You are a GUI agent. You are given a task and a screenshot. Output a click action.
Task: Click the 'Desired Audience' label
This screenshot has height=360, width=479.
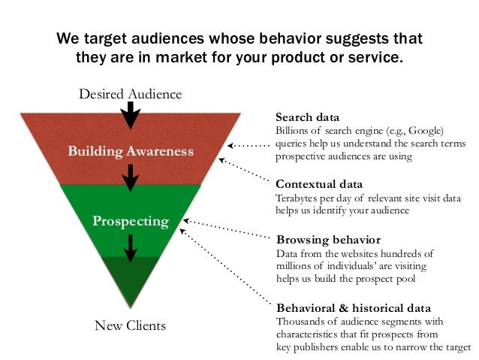click(x=131, y=94)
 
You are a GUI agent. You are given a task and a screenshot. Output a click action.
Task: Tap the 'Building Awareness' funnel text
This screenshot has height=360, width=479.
click(x=131, y=151)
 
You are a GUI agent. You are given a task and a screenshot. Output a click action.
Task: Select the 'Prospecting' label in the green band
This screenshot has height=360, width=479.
click(x=131, y=221)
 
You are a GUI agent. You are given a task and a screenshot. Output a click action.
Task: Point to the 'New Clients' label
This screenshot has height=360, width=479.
click(x=131, y=325)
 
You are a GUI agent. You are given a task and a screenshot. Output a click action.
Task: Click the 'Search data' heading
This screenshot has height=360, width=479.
click(x=307, y=118)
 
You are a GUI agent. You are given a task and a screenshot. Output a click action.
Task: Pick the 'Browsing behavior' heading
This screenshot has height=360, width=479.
click(x=323, y=241)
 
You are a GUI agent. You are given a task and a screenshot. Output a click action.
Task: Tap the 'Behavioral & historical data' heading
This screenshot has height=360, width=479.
click(x=354, y=308)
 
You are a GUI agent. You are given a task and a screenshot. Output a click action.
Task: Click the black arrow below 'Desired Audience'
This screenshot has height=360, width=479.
click(x=131, y=115)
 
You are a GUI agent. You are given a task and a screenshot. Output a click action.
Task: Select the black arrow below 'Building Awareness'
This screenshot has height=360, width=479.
click(x=131, y=177)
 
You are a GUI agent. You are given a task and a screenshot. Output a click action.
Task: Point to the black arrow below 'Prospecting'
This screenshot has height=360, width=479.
click(x=131, y=247)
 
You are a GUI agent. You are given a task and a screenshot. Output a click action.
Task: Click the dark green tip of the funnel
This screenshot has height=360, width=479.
click(x=131, y=278)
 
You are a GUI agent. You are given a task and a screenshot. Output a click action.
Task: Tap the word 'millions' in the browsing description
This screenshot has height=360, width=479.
click(x=297, y=267)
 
